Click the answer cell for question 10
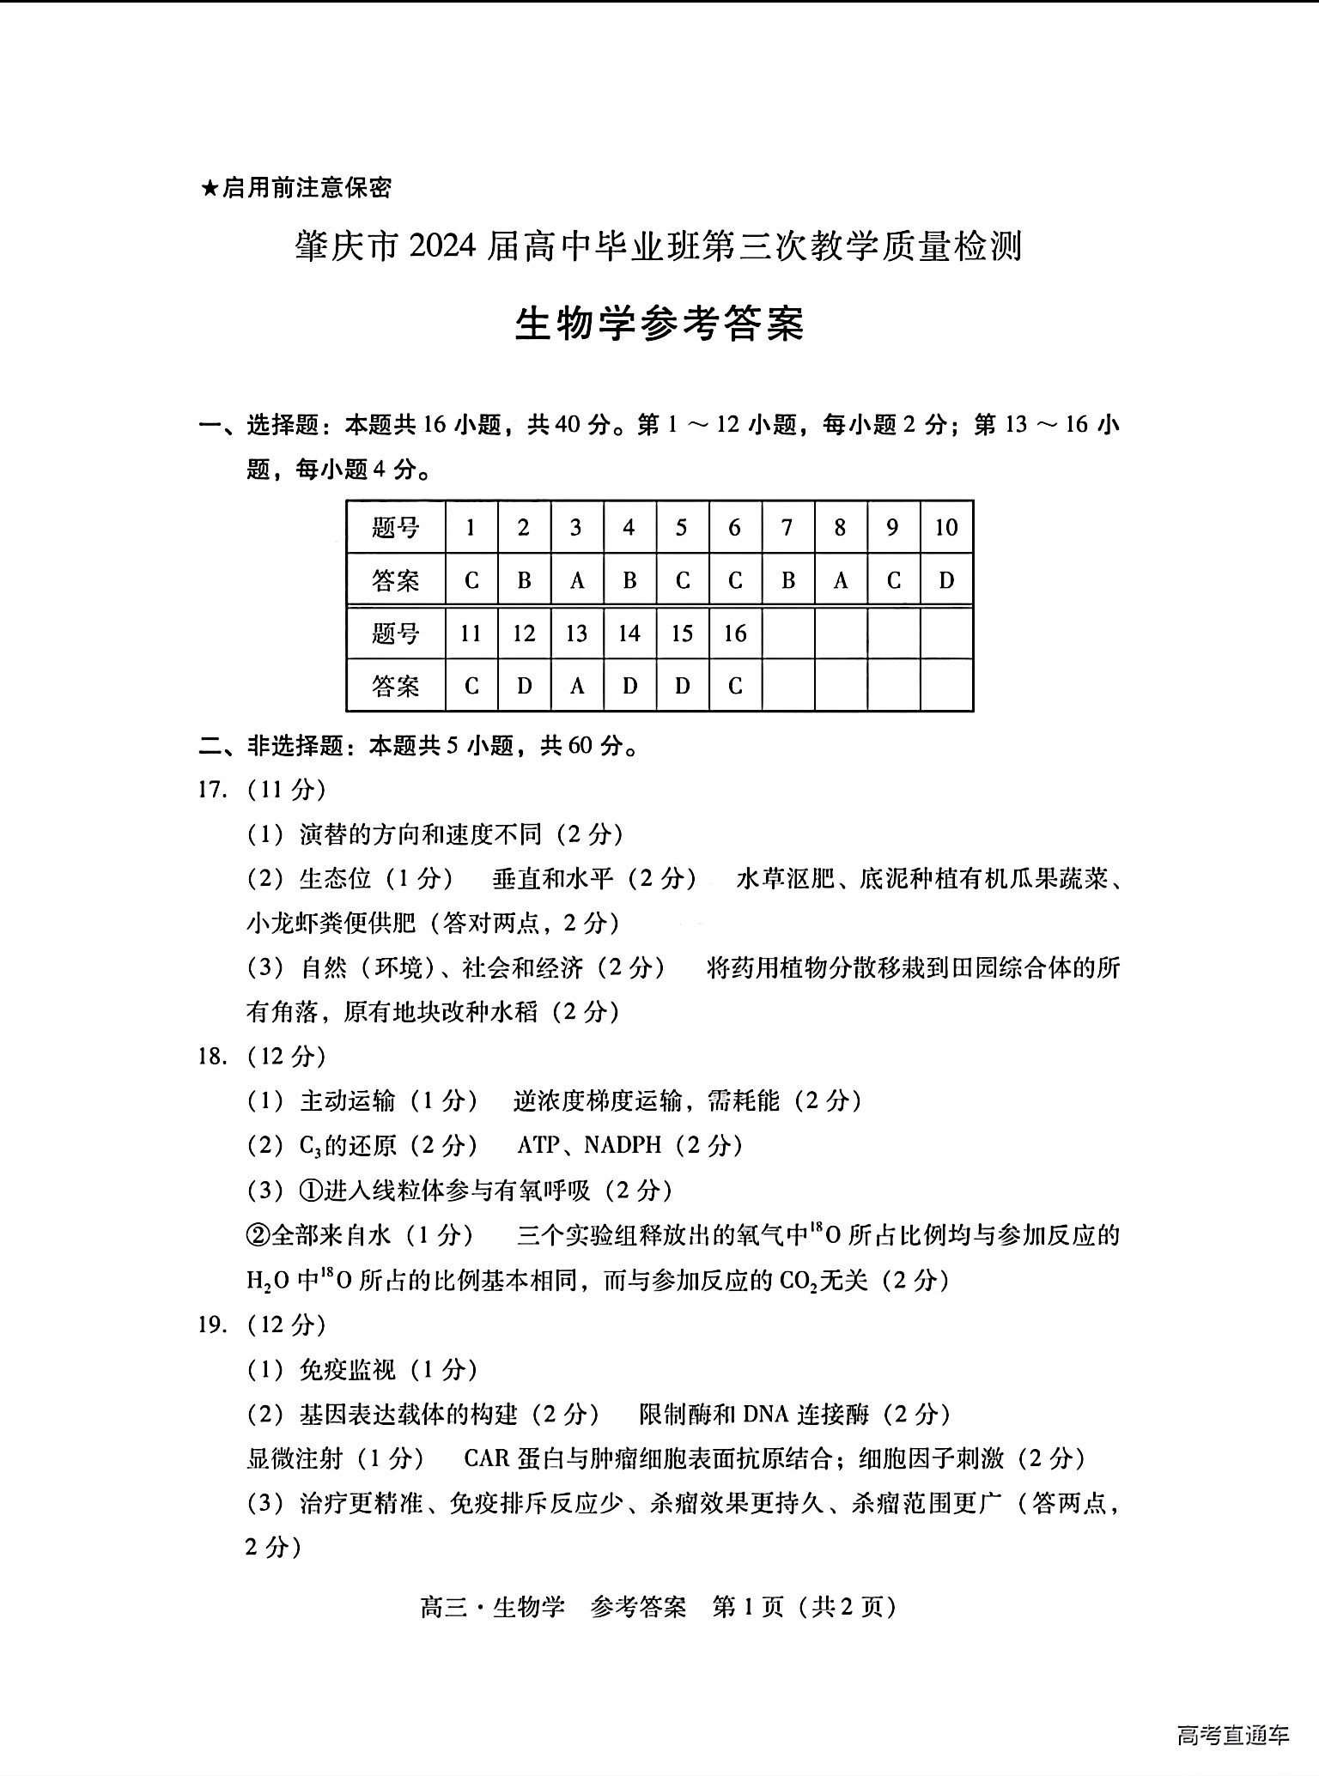tap(946, 581)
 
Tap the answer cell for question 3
tap(576, 581)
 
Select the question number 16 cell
tap(735, 633)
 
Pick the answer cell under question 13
tap(576, 687)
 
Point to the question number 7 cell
tap(787, 527)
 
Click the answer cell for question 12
tap(524, 687)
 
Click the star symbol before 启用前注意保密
tap(209, 188)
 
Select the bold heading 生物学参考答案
tap(659, 324)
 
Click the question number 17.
tap(212, 789)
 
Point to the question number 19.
tap(212, 1324)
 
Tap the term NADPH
tap(623, 1145)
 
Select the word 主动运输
tap(348, 1100)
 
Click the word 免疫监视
tap(348, 1369)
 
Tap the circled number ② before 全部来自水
tap(258, 1235)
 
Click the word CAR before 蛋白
tap(487, 1458)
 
